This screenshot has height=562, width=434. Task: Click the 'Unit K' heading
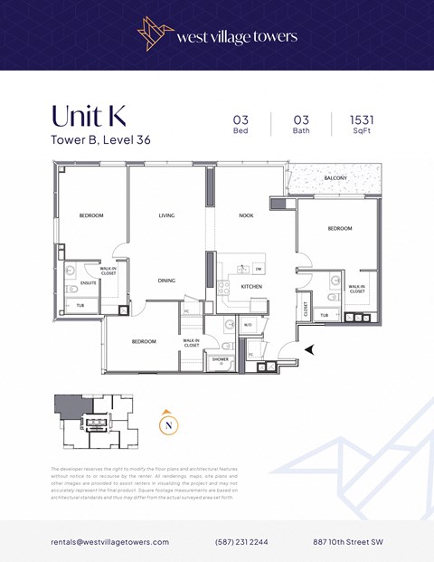click(89, 117)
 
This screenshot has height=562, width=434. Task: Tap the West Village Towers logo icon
click(156, 34)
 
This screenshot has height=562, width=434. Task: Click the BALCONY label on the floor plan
click(335, 178)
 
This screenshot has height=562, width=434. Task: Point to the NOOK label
click(246, 215)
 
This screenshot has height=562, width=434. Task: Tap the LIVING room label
click(166, 215)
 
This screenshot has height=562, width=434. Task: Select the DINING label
click(166, 281)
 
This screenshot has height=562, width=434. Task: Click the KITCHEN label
click(250, 286)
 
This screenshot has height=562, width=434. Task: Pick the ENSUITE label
click(89, 282)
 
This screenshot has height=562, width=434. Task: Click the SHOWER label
click(220, 359)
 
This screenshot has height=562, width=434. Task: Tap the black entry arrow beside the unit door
click(311, 348)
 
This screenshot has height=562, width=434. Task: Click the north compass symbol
click(166, 422)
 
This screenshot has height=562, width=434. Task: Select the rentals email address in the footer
click(109, 541)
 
